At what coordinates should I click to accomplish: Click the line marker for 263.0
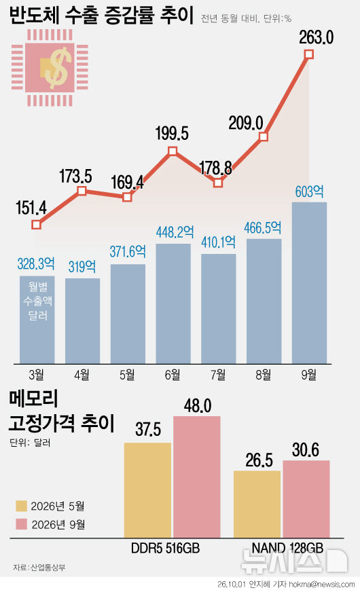(x=309, y=54)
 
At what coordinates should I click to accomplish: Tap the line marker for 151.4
(x=36, y=225)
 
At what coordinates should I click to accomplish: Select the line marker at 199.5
(x=173, y=151)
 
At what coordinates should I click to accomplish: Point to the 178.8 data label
(x=215, y=168)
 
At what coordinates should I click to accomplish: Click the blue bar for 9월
(x=309, y=283)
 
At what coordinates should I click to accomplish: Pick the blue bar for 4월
(x=82, y=321)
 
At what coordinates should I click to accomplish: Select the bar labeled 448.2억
(x=173, y=303)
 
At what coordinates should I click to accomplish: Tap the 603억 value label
(x=309, y=191)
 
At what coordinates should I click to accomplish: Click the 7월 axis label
(x=218, y=374)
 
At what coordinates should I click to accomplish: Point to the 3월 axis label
(x=37, y=374)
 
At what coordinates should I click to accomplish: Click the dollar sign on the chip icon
(x=58, y=68)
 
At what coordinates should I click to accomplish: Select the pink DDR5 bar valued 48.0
(x=196, y=477)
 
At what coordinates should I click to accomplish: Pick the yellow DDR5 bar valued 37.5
(x=147, y=490)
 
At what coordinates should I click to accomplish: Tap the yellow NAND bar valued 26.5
(x=257, y=504)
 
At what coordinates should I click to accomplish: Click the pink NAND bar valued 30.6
(x=306, y=499)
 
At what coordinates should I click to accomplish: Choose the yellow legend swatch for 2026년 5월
(x=22, y=506)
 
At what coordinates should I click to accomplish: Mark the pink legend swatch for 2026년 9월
(x=22, y=524)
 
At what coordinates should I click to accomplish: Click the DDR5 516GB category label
(x=165, y=548)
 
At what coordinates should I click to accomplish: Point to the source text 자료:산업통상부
(x=39, y=567)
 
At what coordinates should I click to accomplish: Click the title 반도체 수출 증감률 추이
(x=101, y=16)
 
